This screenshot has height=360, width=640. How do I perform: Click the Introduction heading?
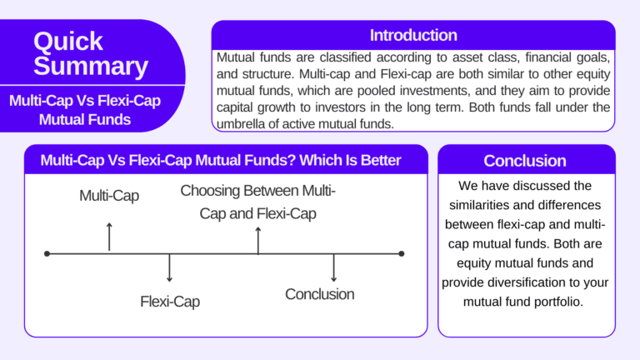coord(413,35)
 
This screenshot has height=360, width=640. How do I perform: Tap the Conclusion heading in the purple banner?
coord(525,161)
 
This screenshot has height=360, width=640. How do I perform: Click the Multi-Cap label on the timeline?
coord(109,196)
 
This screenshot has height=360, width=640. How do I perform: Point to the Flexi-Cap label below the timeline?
coord(170,302)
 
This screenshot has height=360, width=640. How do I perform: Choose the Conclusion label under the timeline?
coord(319,294)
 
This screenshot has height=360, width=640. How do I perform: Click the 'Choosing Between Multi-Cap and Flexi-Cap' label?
coord(257,202)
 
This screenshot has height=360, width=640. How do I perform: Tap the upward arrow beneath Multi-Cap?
coord(109,237)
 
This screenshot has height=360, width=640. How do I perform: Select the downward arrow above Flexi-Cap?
coord(170,268)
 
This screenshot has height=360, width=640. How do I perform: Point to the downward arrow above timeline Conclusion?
coord(334,267)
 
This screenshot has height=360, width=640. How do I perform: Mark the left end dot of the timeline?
coord(47,253)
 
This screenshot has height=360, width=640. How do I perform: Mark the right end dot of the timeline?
coord(402,253)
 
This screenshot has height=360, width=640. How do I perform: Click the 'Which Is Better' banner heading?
coord(221,160)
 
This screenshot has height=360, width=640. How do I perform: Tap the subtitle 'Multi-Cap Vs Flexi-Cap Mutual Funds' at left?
coord(84,110)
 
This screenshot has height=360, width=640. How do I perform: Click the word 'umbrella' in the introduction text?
coord(243,123)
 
